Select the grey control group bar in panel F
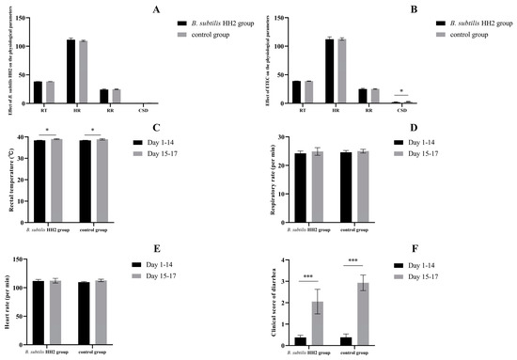point(384,309)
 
